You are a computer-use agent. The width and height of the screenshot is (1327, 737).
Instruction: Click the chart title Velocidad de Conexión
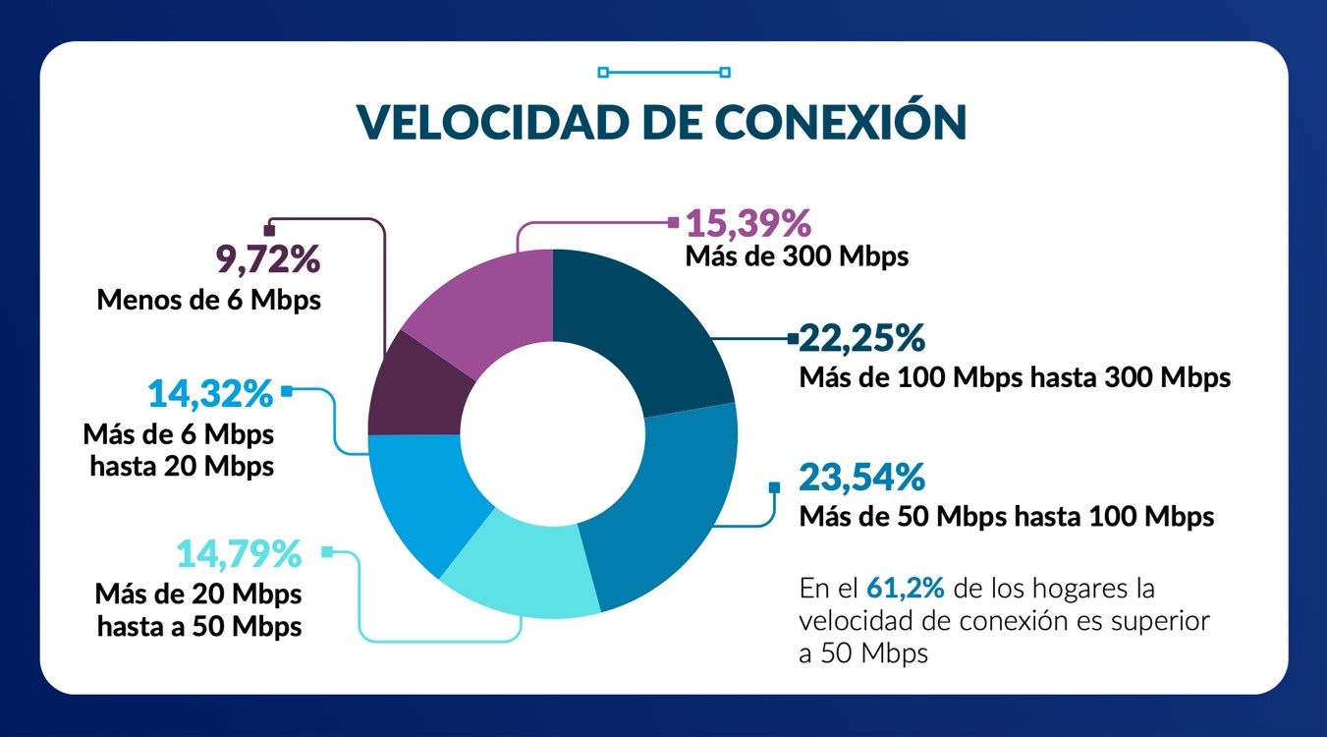[661, 121]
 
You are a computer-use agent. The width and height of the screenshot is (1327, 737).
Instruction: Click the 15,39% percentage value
[747, 223]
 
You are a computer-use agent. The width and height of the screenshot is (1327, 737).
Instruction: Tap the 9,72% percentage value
[267, 259]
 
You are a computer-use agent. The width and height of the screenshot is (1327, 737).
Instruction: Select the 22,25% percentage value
[862, 338]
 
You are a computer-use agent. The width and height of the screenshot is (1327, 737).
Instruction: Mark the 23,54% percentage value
[862, 478]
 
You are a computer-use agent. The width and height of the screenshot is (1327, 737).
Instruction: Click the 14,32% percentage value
[209, 394]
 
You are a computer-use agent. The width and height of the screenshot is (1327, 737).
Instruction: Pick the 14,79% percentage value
[238, 554]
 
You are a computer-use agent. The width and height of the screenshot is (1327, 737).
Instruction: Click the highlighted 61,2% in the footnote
[905, 589]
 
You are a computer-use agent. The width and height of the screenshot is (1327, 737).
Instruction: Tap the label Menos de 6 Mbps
[208, 300]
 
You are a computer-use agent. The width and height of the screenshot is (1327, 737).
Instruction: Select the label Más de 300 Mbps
[797, 257]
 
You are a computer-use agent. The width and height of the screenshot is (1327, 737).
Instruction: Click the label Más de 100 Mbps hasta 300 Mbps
[1015, 377]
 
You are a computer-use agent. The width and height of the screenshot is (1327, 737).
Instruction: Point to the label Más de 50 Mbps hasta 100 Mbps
[1007, 516]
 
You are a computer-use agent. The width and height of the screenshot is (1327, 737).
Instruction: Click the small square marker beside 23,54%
[774, 486]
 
